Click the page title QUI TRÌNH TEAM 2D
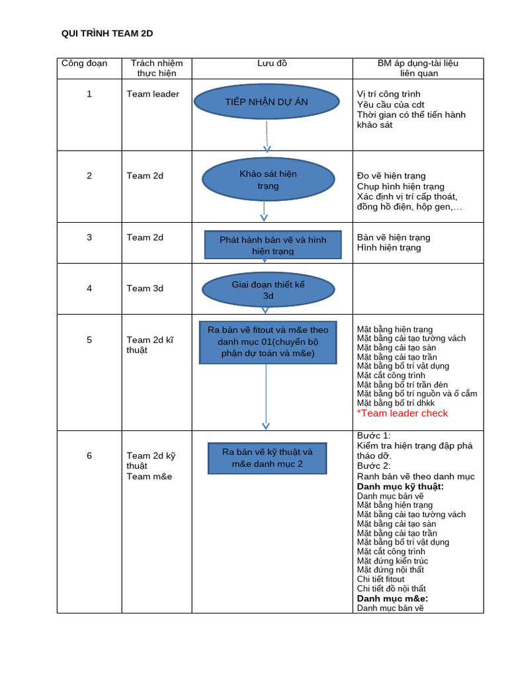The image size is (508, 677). tap(107, 34)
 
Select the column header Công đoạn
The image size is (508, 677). tap(84, 63)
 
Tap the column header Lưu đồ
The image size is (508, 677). tap(272, 63)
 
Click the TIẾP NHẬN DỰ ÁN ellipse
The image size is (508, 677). tap(266, 102)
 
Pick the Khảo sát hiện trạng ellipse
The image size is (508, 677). tap(268, 180)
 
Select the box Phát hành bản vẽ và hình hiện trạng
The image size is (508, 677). tap(273, 245)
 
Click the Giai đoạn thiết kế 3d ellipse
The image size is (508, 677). tap(268, 290)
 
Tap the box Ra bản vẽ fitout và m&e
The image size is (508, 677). tap(268, 342)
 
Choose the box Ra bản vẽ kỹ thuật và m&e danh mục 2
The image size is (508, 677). tap(267, 458)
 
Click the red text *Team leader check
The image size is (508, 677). tap(402, 413)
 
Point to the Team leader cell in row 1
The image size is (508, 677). tap(153, 94)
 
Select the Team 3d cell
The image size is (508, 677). tap(145, 288)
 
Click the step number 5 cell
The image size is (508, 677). tap(89, 340)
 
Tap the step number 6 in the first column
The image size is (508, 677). tap(89, 456)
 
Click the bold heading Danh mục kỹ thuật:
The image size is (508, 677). tap(400, 487)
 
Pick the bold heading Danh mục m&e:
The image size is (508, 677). tap(392, 598)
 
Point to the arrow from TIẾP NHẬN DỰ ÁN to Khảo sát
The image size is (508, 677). tap(267, 136)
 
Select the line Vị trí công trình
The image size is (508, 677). tap(388, 94)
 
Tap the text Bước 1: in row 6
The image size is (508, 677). tap(374, 436)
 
